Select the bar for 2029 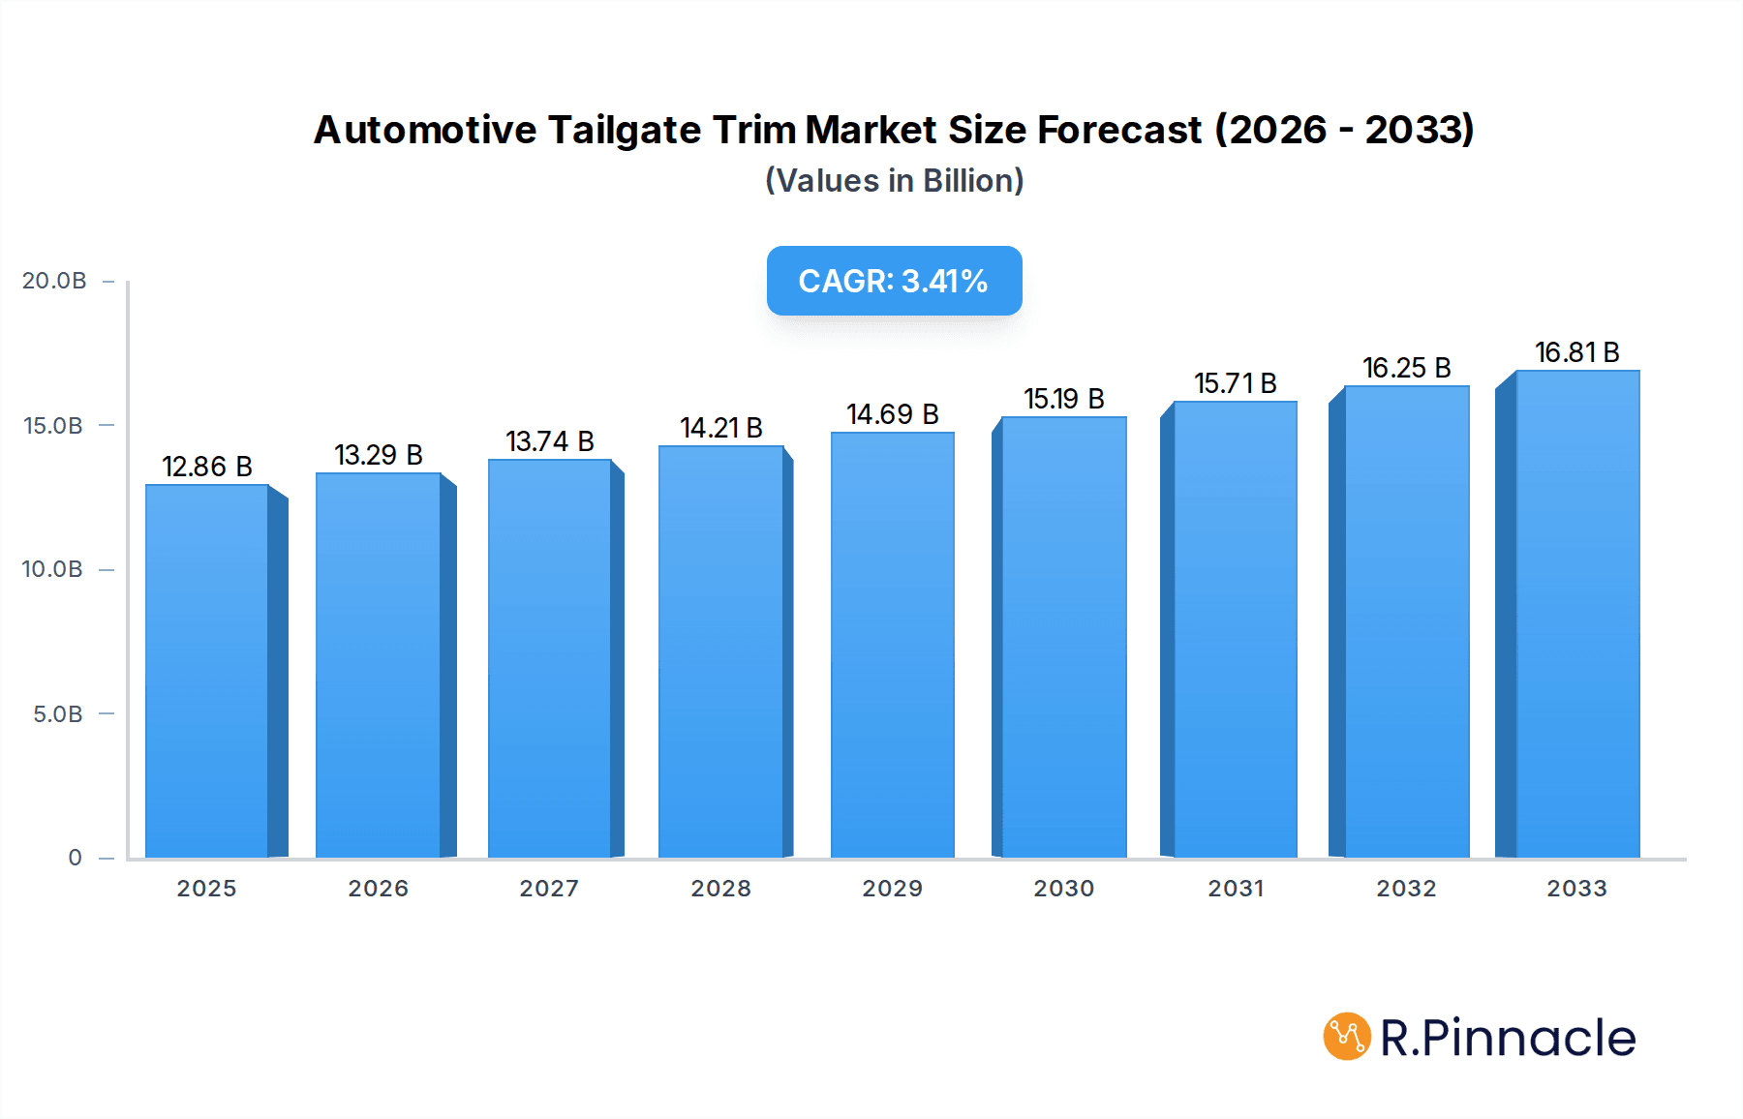coord(892,645)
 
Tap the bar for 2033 coord(1576,614)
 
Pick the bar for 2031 coord(1235,629)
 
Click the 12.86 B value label coord(207,467)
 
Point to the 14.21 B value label coord(721,428)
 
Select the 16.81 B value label coord(1576,352)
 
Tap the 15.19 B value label coord(1063,399)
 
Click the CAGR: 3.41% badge coord(894,281)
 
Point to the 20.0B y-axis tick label coord(54,281)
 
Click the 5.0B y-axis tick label coord(58,714)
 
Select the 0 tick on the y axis coord(75,858)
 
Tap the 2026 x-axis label coord(379,889)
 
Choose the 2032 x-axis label coord(1406,889)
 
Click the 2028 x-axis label coord(721,889)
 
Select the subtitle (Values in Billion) coord(894,180)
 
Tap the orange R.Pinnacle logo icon coord(1346,1037)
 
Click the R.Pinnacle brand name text coord(1508,1038)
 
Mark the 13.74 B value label coord(550,441)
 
